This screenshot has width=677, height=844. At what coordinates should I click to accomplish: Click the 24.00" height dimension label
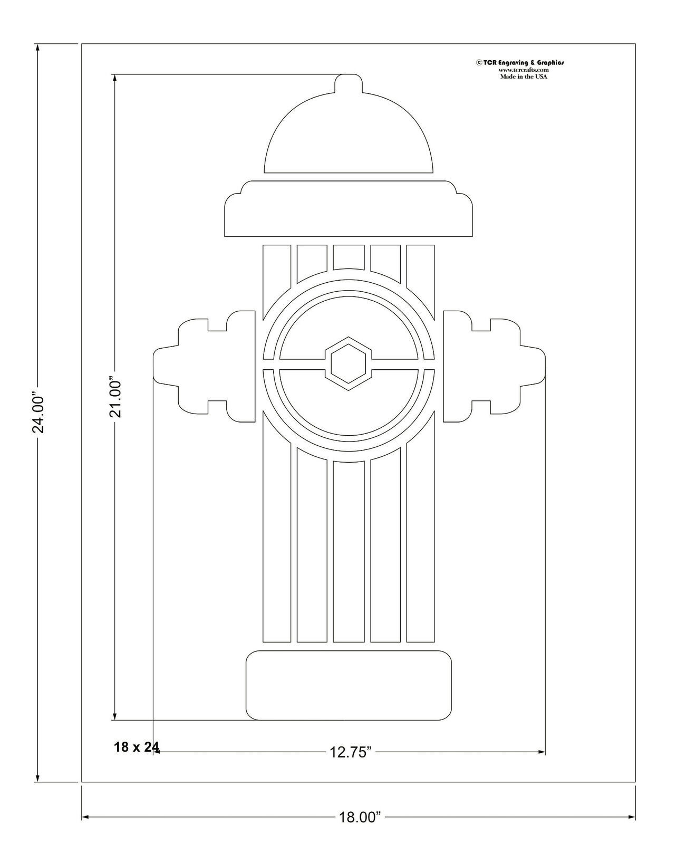[x=38, y=412]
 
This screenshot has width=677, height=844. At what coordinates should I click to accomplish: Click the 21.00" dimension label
[x=115, y=397]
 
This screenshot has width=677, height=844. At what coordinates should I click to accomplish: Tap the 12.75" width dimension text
[x=351, y=752]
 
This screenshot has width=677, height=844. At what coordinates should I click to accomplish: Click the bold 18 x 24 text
[x=136, y=747]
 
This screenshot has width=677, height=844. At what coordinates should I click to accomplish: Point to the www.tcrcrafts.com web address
[x=524, y=70]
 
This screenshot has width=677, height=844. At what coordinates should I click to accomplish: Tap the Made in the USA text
[x=524, y=76]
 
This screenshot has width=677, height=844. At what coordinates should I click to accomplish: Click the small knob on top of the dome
[x=349, y=84]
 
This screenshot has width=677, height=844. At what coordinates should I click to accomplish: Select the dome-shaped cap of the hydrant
[x=349, y=137]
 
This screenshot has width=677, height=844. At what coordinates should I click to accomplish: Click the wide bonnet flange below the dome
[x=349, y=211]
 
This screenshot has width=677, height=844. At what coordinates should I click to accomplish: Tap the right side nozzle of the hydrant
[x=493, y=366]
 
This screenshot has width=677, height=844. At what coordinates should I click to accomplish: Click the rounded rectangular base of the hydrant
[x=349, y=685]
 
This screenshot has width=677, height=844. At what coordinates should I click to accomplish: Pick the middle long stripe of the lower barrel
[x=349, y=551]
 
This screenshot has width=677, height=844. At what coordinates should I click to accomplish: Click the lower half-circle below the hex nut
[x=349, y=406]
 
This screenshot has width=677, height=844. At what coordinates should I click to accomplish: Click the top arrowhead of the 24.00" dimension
[x=37, y=48]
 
